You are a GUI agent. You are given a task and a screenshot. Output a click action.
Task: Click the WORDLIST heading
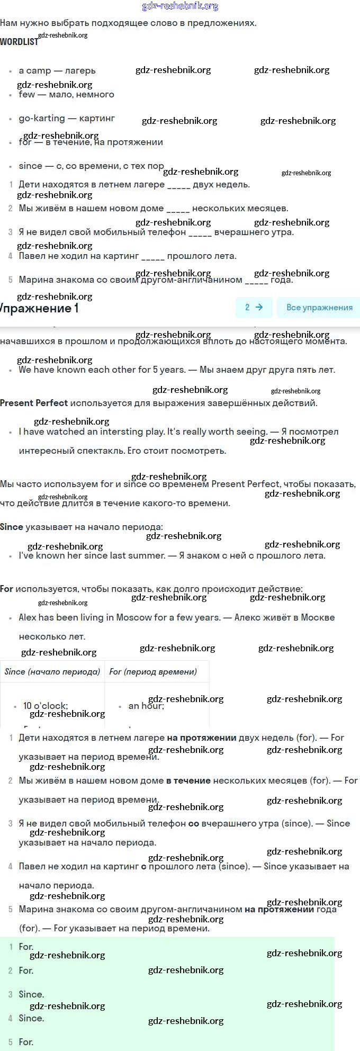point(19,41)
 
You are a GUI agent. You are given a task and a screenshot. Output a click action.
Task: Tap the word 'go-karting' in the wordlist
point(42,118)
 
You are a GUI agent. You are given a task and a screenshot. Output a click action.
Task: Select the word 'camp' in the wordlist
point(39,70)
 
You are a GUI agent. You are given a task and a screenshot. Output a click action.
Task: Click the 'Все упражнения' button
point(319,307)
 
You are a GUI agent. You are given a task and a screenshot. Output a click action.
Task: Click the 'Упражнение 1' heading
point(40,308)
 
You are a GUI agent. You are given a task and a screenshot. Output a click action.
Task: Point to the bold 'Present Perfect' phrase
point(34,403)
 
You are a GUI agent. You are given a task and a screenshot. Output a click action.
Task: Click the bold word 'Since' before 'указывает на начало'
point(12,527)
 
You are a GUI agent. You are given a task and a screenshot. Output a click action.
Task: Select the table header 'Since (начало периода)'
point(52,671)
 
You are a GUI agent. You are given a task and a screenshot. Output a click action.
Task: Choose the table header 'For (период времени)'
point(153,671)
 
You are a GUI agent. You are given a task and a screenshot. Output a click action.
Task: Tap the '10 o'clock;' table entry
point(46,706)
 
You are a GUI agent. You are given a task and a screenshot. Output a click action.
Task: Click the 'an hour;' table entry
point(146,706)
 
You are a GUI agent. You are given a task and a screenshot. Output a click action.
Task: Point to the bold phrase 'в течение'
point(188,780)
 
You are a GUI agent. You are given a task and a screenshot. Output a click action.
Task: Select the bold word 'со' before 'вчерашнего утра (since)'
point(194,823)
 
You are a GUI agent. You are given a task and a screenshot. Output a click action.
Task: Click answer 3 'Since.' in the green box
point(31,994)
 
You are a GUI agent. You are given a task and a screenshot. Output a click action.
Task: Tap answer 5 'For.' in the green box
point(26,1042)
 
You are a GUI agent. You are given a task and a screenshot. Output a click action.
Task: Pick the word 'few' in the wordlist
point(26,94)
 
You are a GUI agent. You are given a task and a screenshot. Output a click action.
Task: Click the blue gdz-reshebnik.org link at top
point(180,6)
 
